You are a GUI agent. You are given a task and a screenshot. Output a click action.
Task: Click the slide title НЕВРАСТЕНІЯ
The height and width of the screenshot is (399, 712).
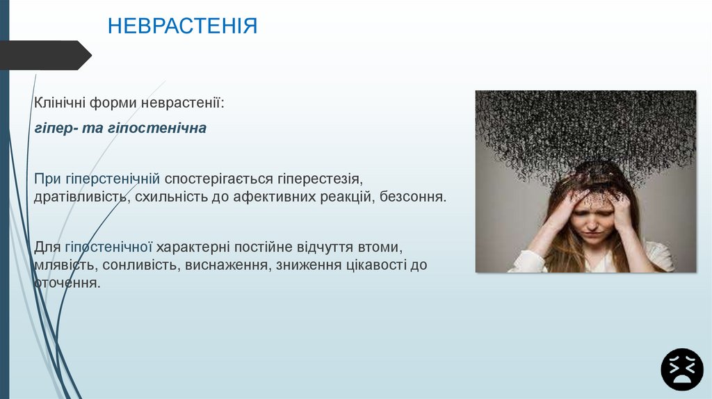pos(182,26)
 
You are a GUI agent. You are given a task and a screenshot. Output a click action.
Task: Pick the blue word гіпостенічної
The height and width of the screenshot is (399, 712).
pos(108,247)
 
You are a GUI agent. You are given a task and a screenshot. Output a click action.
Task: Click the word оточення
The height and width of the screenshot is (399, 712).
pos(67,283)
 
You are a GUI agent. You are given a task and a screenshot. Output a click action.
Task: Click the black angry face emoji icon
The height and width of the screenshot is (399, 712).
pos(682,369)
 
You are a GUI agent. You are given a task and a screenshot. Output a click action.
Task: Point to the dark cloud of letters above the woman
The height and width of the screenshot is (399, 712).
pos(585,125)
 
